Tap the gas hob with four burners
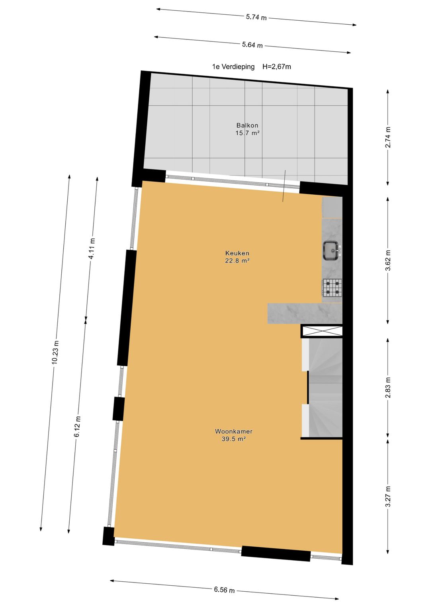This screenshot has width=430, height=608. [332, 287]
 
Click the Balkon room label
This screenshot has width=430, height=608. [247, 125]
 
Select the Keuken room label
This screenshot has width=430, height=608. [237, 253]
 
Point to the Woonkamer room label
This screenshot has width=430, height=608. [234, 431]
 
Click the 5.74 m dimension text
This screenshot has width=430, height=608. [256, 17]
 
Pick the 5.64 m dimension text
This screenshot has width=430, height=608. [252, 45]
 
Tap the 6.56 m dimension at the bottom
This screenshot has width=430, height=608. [224, 590]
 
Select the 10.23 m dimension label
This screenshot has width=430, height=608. [55, 352]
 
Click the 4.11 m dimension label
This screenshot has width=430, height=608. [92, 249]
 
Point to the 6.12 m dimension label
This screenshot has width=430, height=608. [77, 427]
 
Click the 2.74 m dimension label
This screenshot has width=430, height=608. [388, 137]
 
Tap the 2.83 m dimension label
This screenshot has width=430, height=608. [388, 388]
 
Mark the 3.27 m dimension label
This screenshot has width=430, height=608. [388, 497]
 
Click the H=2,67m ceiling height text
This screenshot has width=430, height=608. [277, 67]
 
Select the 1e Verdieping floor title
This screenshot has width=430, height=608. [233, 67]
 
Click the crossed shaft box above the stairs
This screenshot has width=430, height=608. [322, 331]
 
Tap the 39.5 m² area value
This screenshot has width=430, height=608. [234, 439]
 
